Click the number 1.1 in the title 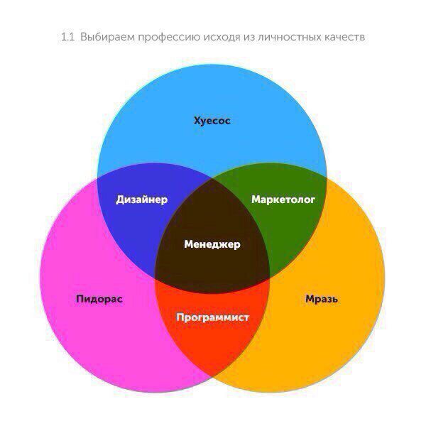(x=67, y=36)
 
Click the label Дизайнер (x=142, y=200)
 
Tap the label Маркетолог (x=283, y=200)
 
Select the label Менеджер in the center (x=212, y=244)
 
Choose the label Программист (x=213, y=317)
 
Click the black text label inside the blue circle (x=212, y=121)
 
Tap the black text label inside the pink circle (x=99, y=299)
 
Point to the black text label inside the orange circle (x=321, y=299)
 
